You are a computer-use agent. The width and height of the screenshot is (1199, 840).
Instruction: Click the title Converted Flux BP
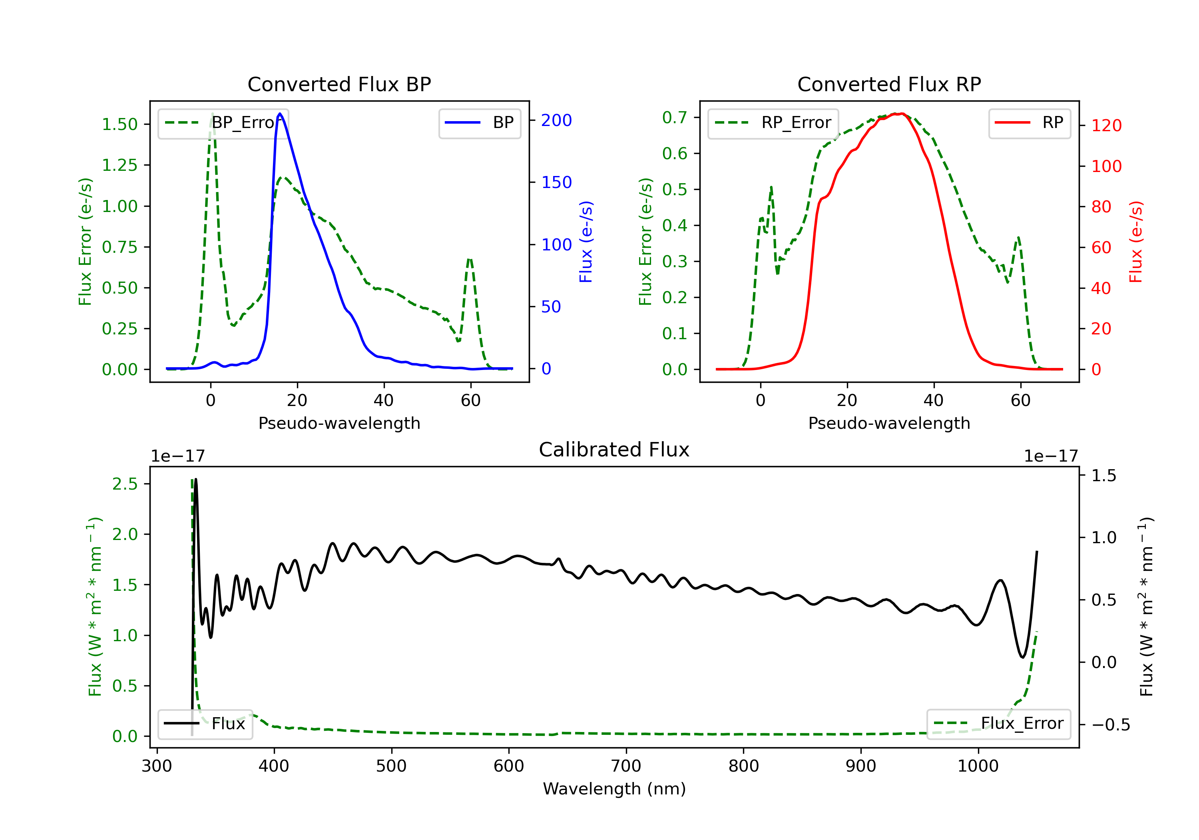339,84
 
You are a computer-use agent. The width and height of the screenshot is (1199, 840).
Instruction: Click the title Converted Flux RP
889,84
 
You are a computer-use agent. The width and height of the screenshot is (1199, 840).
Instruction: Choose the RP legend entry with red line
1029,123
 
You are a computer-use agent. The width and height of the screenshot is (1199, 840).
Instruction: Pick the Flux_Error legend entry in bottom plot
998,724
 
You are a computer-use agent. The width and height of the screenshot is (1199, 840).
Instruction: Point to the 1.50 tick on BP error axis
120,124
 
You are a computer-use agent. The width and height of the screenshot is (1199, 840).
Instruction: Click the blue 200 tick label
556,120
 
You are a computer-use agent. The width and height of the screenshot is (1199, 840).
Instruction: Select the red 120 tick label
1106,126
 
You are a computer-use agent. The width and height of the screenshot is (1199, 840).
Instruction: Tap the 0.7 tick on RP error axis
675,117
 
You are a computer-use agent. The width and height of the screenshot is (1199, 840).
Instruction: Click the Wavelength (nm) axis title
614,789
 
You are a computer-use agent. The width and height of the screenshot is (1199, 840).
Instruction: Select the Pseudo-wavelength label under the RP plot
889,423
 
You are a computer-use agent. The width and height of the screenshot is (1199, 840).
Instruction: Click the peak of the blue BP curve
280,114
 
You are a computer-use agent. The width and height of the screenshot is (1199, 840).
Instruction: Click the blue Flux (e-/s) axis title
586,242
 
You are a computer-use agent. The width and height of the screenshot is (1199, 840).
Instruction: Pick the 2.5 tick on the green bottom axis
125,484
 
